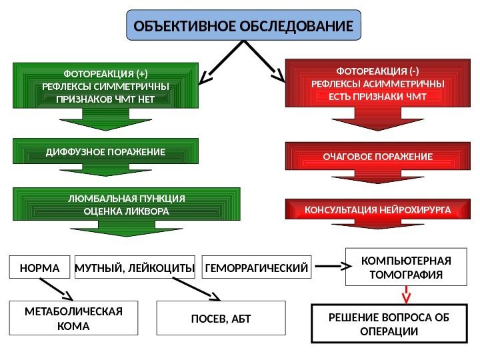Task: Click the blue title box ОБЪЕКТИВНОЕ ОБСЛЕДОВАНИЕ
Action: tap(243, 27)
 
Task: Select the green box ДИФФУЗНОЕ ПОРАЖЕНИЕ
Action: tap(105, 153)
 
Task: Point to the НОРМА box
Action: tap(40, 268)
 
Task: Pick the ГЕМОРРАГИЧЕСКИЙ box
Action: tap(257, 268)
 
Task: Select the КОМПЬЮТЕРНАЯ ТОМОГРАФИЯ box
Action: tap(406, 267)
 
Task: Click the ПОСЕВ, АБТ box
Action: tap(220, 318)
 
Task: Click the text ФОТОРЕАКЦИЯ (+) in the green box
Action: tap(105, 73)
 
